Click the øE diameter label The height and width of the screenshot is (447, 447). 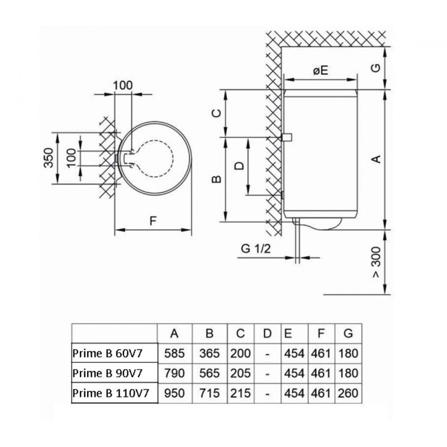coord(321,70)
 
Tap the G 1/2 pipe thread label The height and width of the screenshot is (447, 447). coord(255,249)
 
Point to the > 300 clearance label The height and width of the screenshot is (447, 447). coord(376,262)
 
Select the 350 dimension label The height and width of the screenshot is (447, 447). coord(49,158)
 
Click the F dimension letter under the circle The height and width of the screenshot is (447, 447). coord(153,221)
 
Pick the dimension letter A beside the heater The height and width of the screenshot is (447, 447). coord(377,159)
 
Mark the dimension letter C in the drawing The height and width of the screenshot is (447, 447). coord(217,113)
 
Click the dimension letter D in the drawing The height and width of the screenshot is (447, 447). coord(240,165)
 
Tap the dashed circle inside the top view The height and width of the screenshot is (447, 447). coord(154,159)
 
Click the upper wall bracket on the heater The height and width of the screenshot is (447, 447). coord(287,137)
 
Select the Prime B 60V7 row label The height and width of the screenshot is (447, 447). coord(107,353)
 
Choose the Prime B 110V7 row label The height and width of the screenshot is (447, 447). coord(111,393)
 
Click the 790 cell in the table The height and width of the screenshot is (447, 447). coord(174,373)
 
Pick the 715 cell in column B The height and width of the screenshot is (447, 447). coord(210,393)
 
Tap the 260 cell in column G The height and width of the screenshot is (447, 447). coord(348,393)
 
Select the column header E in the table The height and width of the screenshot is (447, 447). coord(288,333)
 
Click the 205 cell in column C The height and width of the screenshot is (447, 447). coord(240,373)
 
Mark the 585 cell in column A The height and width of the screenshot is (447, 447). coord(174,353)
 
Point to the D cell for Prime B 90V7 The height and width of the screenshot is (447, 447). coord(267,373)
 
